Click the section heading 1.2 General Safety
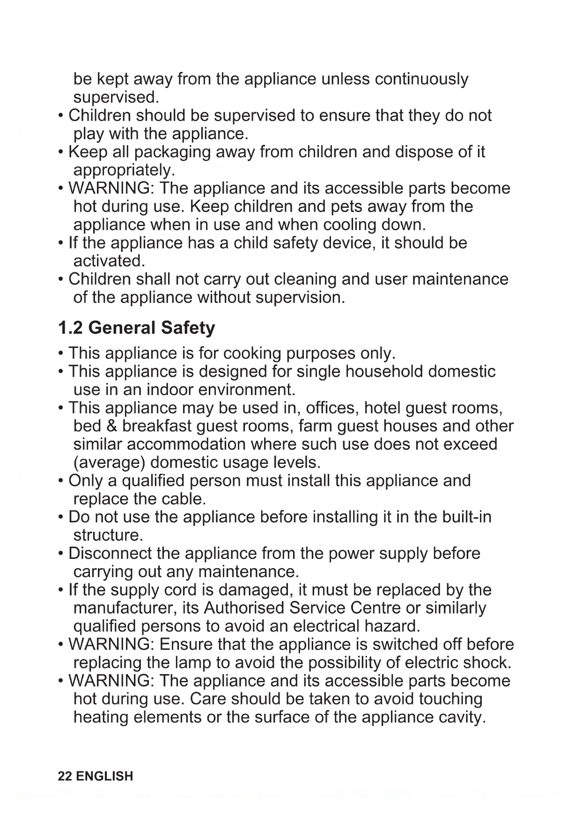[x=136, y=328]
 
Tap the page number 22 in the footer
[x=65, y=776]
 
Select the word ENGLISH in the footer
[x=104, y=776]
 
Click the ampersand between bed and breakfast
[x=111, y=426]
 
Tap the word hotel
[x=382, y=408]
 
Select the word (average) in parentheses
[x=109, y=463]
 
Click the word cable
[x=184, y=499]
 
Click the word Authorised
[x=244, y=608]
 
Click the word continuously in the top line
[x=421, y=79]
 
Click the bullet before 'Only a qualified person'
[x=61, y=481]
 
